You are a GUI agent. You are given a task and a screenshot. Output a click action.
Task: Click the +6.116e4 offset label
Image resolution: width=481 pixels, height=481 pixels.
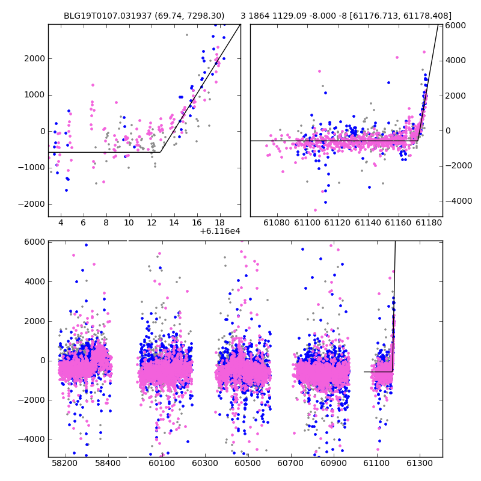coord(220,231)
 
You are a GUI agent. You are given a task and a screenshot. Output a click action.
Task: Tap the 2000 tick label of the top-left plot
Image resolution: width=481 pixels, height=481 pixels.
coord(35,58)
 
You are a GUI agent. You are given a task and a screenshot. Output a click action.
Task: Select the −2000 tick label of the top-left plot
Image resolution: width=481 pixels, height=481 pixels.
coord(32,204)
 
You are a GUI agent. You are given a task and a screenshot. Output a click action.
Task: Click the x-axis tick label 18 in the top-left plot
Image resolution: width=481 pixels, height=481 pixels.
coord(219,222)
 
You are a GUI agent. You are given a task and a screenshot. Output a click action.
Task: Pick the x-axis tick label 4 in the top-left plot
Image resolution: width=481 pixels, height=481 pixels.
coord(61,222)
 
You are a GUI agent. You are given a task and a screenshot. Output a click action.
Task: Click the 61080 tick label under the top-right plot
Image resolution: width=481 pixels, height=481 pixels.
coord(277,222)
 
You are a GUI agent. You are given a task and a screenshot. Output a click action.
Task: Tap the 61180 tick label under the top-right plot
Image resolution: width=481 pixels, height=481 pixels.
coord(429,222)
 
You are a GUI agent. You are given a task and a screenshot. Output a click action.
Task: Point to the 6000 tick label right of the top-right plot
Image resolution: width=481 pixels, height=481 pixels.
coord(456,25)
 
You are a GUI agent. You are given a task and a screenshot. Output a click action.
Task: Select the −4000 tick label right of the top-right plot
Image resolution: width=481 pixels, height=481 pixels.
coord(459,201)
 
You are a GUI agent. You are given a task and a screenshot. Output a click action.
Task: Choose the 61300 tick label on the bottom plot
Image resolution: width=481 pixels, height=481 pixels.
coord(419,463)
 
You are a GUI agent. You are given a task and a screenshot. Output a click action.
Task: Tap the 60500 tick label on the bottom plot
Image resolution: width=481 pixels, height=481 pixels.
coord(247,463)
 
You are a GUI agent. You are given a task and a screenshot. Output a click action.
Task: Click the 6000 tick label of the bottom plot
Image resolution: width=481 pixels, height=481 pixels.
coord(35,242)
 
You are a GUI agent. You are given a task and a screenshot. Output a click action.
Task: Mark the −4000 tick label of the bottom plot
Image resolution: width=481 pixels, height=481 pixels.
coord(32,440)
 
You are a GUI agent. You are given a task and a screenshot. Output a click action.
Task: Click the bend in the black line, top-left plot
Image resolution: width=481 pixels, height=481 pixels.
coord(161,152)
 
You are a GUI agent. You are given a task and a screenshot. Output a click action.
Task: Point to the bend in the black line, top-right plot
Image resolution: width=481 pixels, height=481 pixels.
coord(418,141)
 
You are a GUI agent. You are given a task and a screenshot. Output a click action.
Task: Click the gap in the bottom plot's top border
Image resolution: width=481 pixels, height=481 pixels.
coord(127,241)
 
